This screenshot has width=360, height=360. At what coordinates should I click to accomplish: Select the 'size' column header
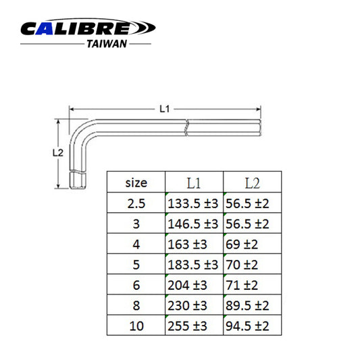[136, 182]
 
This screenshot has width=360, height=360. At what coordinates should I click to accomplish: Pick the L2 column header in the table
[251, 182]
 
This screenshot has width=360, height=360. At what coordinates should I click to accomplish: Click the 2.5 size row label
[136, 203]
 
